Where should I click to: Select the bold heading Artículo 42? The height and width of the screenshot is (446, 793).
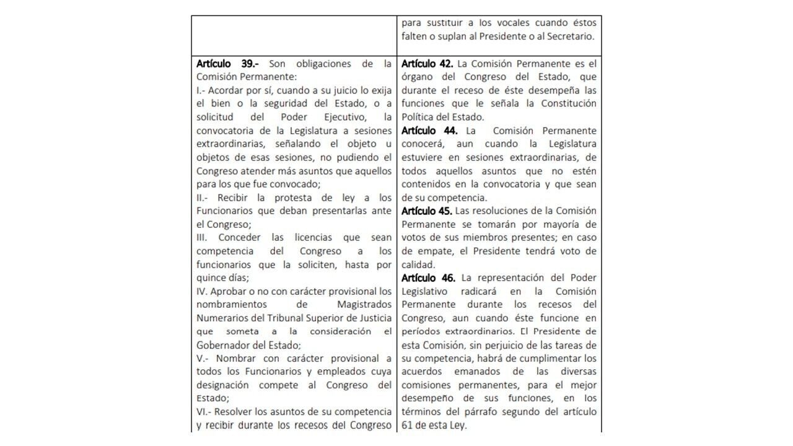(x=427, y=64)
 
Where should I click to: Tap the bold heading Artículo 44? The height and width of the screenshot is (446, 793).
(x=429, y=131)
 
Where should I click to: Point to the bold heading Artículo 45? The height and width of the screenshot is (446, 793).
(x=427, y=211)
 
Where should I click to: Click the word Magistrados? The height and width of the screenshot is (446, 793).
(x=364, y=305)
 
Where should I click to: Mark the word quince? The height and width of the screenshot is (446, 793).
(x=211, y=278)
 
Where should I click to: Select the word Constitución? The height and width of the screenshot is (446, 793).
(x=567, y=103)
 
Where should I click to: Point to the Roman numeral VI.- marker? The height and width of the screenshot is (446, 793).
(x=204, y=412)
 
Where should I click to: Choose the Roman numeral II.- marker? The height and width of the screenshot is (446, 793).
(x=203, y=198)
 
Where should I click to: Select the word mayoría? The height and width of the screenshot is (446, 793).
(x=566, y=224)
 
